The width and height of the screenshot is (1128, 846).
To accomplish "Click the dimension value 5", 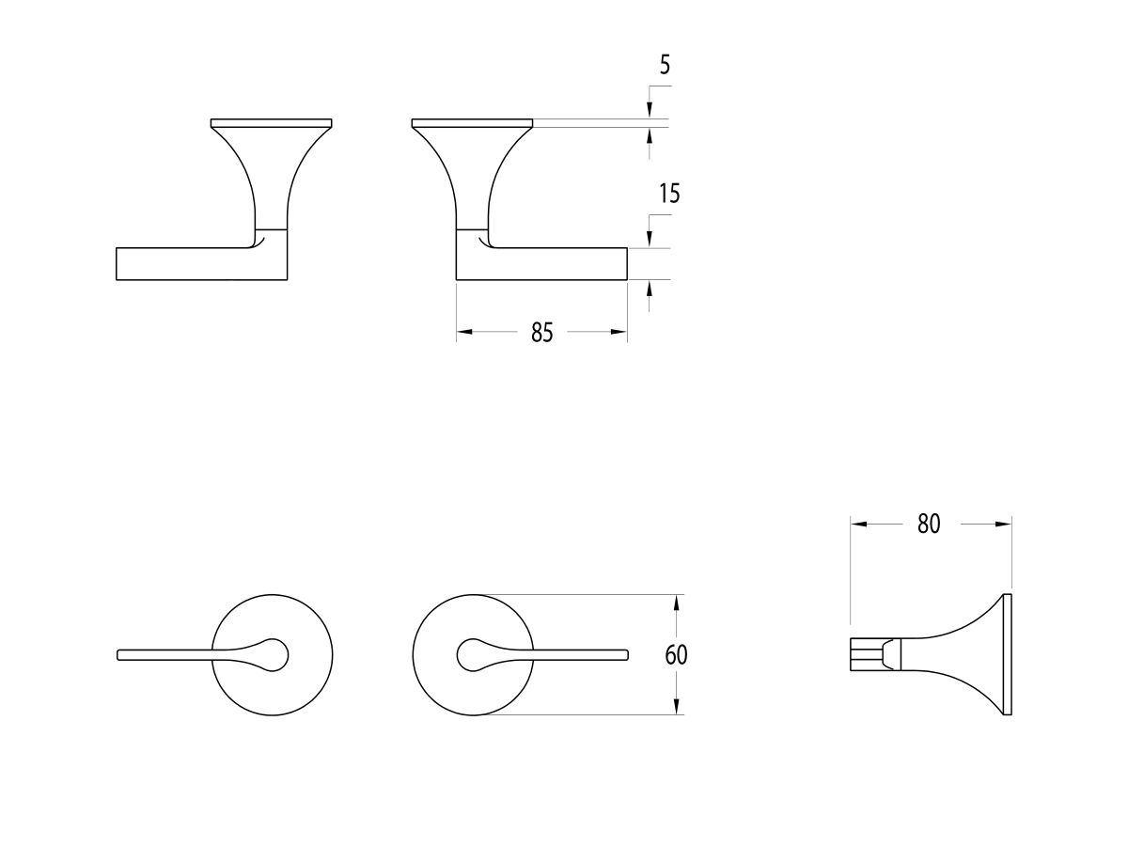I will (665, 66).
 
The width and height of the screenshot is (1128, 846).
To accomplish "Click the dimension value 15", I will (669, 195).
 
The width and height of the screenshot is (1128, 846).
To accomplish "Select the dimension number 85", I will (541, 333).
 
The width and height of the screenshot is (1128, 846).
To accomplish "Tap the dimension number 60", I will (676, 655).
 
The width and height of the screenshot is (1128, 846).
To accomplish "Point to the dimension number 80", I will (929, 525).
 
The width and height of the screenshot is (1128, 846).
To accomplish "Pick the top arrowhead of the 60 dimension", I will (677, 603).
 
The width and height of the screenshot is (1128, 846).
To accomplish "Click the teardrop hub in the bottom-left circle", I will (274, 654).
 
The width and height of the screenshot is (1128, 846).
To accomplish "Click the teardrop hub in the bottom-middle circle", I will (473, 654).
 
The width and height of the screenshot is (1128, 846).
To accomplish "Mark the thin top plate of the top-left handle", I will (272, 123).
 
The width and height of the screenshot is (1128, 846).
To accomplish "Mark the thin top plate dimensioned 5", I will (473, 123).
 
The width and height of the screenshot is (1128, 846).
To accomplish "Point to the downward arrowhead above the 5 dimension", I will (650, 112).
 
